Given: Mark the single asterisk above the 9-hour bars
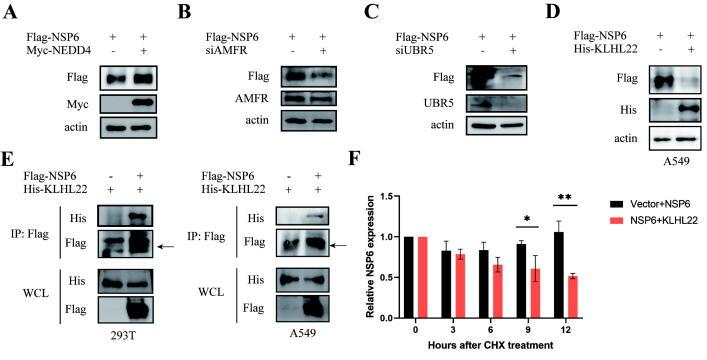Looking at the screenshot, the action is click(x=510, y=217).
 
